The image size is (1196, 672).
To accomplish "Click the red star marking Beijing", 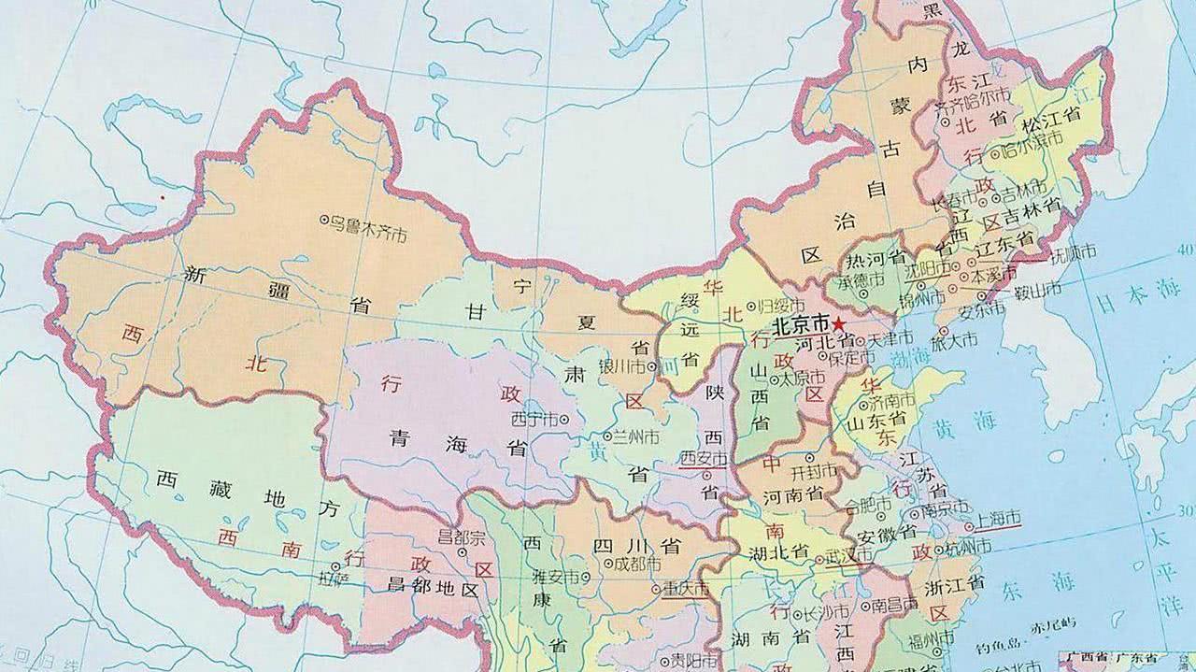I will [840, 323].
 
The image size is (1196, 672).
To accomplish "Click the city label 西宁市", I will [542, 419].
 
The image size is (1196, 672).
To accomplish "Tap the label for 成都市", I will [638, 565].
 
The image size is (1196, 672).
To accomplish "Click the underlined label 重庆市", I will [685, 590].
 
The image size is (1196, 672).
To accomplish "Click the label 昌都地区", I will [432, 590].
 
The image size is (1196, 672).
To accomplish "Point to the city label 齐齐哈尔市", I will [977, 96].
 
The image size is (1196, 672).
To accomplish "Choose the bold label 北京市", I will [800, 323].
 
